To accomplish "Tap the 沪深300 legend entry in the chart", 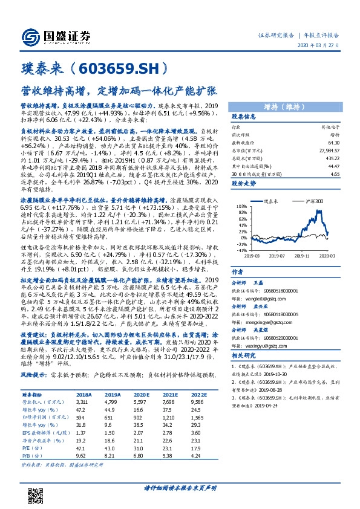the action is tap(313, 200).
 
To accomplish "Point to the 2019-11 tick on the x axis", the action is tap(308, 256).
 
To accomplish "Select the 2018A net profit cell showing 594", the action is tap(82, 418).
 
